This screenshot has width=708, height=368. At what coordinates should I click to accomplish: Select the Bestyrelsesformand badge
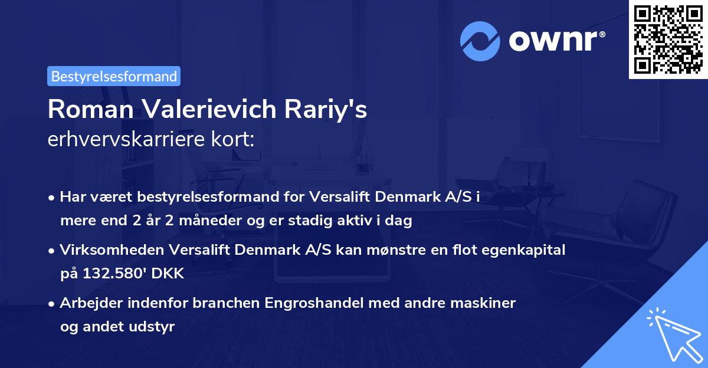click(x=114, y=76)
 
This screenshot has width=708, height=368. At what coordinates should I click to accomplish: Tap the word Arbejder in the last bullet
click(x=87, y=303)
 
